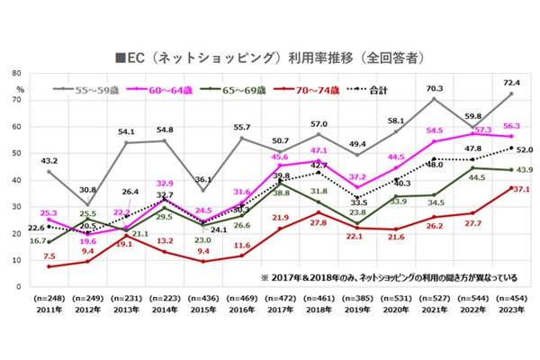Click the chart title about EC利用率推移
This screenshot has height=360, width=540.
pyautogui.click(x=270, y=56)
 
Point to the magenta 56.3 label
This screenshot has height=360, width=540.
pyautogui.click(x=514, y=126)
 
